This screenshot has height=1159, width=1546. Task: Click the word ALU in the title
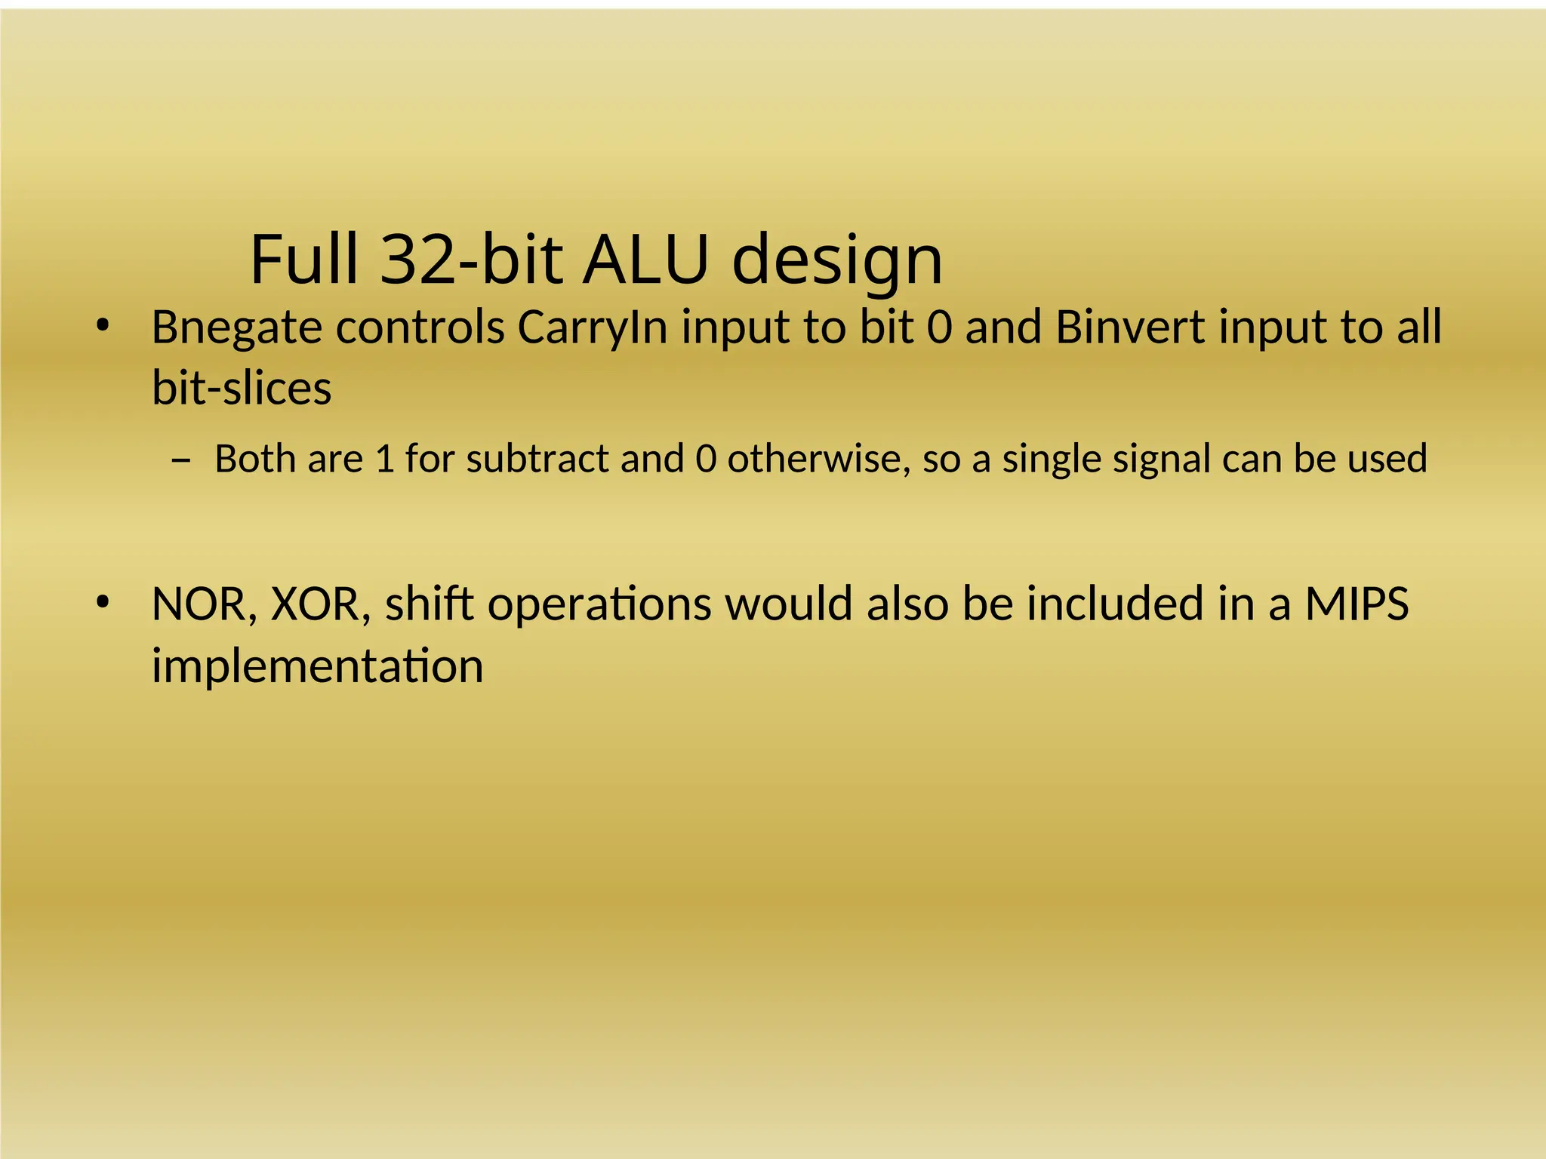[647, 259]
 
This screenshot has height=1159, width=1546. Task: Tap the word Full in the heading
[303, 259]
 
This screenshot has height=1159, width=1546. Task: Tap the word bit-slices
[242, 388]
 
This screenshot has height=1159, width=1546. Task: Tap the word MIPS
[1357, 604]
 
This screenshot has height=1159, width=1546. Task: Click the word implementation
[317, 666]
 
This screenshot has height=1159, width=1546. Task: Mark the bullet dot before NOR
[103, 603]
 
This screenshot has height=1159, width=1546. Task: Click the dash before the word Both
[181, 460]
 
